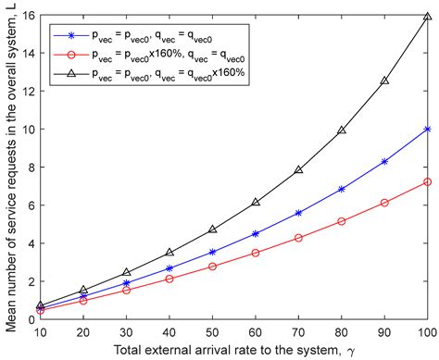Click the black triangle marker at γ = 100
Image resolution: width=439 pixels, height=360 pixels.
[x=426, y=17]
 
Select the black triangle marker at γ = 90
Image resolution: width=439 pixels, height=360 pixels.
[x=384, y=81]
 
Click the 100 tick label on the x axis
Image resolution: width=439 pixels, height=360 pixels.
[x=425, y=332]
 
